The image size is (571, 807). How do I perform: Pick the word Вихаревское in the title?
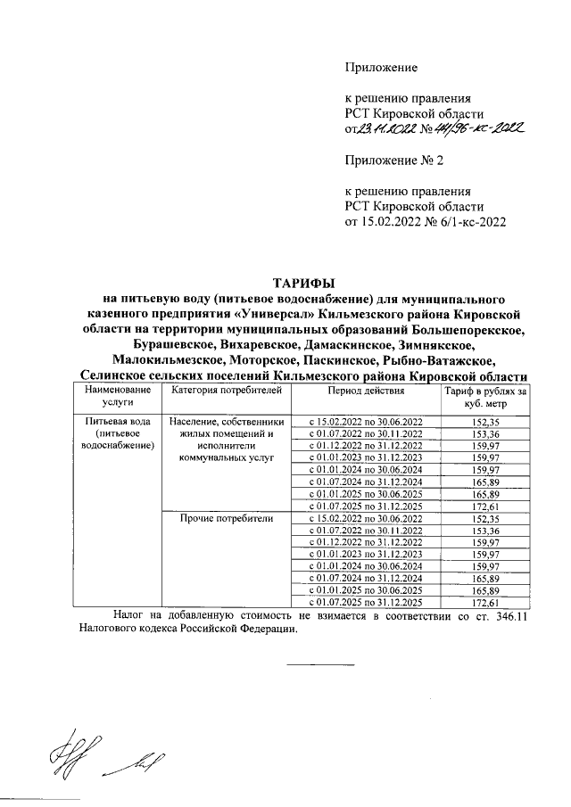pyautogui.click(x=254, y=345)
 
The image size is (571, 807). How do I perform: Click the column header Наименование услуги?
pyautogui.click(x=113, y=397)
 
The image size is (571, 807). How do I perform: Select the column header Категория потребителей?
pyautogui.click(x=227, y=391)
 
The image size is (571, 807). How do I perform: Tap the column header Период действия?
pyautogui.click(x=366, y=391)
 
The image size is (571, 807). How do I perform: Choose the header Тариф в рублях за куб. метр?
pyautogui.click(x=485, y=397)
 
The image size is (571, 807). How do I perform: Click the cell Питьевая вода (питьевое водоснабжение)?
pyautogui.click(x=113, y=432)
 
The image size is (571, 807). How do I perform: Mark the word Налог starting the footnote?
pyautogui.click(x=131, y=615)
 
